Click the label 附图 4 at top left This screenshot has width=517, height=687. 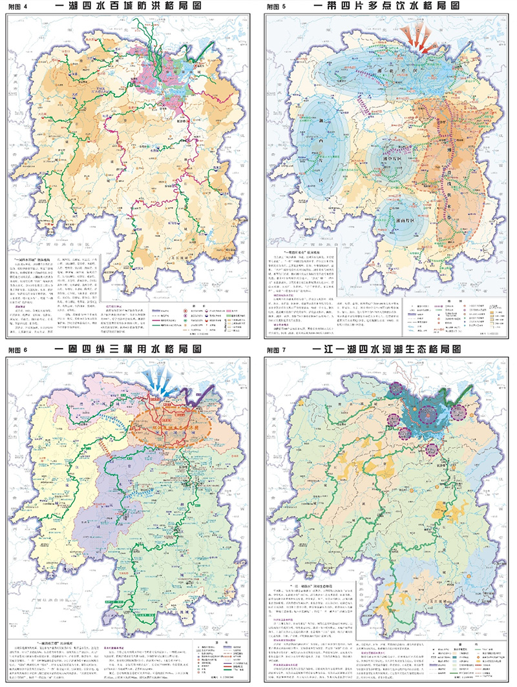pos(17,6)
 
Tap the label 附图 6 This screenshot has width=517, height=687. pos(17,349)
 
